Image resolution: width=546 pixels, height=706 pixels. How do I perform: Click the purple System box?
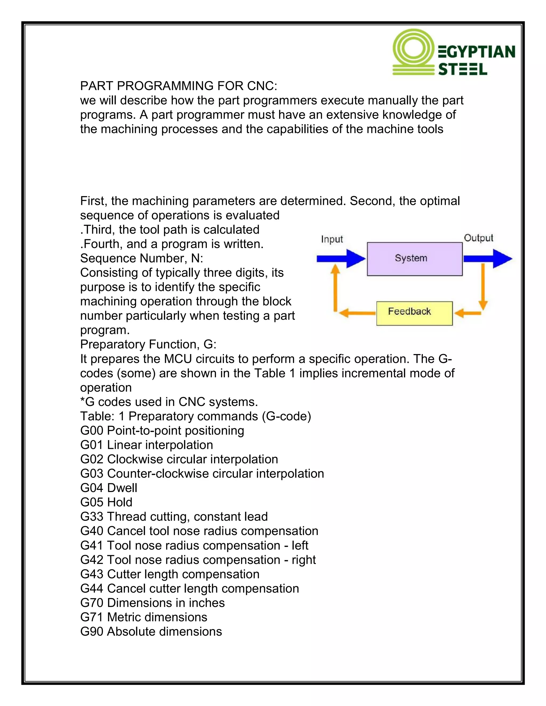click(414, 259)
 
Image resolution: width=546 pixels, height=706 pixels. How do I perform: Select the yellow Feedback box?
click(414, 313)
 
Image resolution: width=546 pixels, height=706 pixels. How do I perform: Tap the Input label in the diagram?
click(332, 239)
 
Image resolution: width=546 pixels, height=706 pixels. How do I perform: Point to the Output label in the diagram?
click(478, 238)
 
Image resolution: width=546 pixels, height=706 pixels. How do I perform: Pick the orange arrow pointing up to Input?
click(335, 288)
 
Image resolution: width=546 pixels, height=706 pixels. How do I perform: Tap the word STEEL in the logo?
click(462, 70)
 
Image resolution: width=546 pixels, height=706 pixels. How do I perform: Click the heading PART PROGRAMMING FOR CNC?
click(179, 86)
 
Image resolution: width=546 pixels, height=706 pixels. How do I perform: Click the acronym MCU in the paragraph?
click(178, 359)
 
